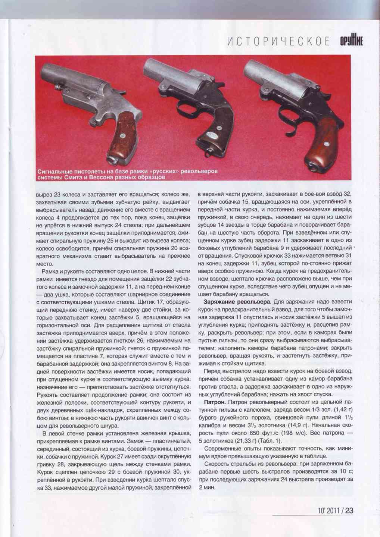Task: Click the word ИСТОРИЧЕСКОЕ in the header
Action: click(x=278, y=41)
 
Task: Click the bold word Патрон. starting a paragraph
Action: click(x=215, y=402)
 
